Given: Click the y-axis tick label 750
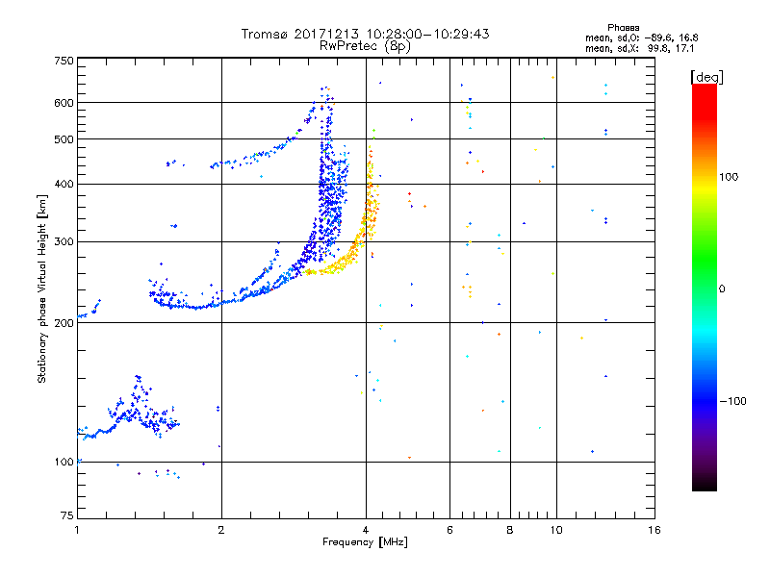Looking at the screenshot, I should (64, 61).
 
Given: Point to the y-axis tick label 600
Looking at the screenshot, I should (64, 102).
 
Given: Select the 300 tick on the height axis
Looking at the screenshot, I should (64, 241).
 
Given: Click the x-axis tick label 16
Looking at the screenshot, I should (654, 530).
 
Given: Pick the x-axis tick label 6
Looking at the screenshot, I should (449, 530).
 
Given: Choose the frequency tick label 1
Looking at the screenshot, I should (77, 530).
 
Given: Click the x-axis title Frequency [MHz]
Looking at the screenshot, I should (366, 542).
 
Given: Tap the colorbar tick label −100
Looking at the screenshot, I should (733, 401).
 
